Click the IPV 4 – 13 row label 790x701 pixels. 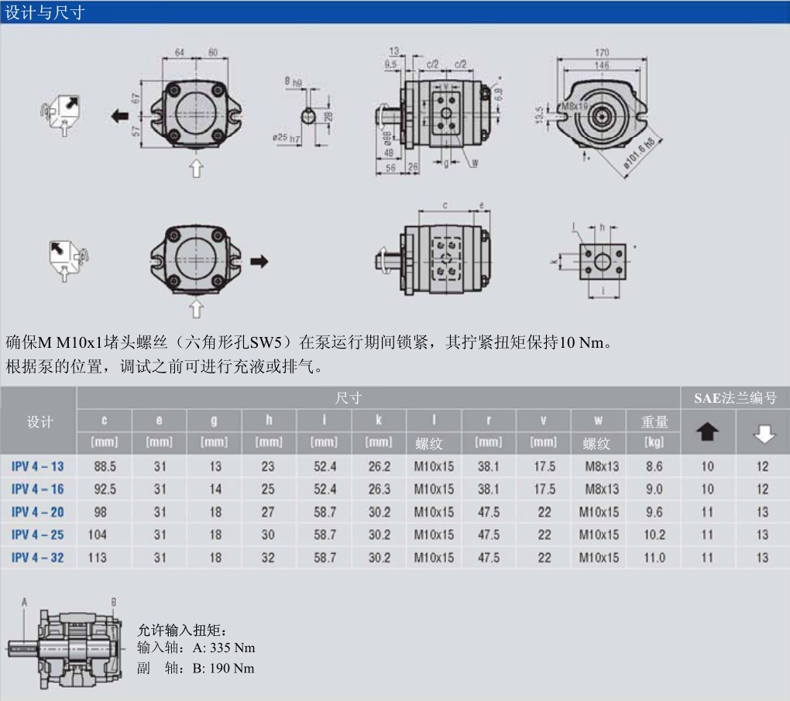click(38, 466)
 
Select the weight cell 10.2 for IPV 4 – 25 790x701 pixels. click(654, 535)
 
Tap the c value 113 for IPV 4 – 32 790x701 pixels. click(98, 558)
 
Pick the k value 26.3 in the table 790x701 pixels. click(379, 490)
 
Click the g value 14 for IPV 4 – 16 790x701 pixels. click(215, 490)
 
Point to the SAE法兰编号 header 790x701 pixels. click(735, 398)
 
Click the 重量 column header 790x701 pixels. click(654, 422)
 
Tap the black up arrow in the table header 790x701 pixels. click(708, 433)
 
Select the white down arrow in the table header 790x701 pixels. click(763, 434)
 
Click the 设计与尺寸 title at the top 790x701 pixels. click(44, 12)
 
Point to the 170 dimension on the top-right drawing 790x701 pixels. click(601, 53)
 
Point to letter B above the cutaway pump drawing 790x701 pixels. click(114, 602)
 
